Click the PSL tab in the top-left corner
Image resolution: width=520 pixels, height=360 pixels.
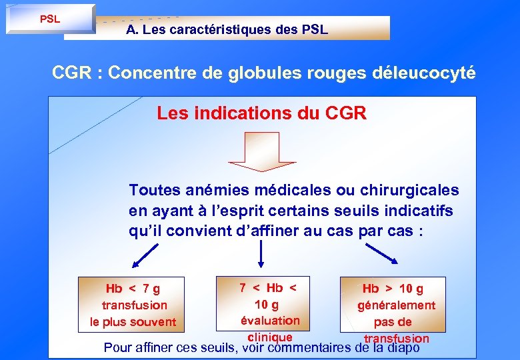[50, 19]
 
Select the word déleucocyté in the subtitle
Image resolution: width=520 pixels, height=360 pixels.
[421, 73]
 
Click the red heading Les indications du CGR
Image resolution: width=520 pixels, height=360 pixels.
[261, 113]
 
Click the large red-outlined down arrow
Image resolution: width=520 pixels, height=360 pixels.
[261, 153]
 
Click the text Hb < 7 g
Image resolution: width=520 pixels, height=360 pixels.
[133, 289]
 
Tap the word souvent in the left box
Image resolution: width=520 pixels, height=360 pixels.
[155, 323]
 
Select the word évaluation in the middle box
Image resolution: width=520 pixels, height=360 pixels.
[270, 321]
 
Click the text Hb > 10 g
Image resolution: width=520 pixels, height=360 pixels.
[393, 289]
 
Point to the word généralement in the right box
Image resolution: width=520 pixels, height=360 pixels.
[396, 306]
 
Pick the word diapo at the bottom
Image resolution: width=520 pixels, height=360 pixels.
[403, 347]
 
